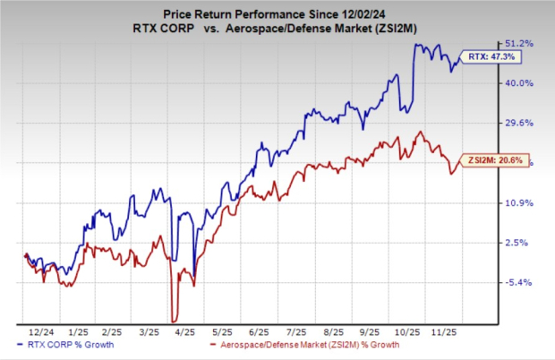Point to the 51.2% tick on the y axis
click(522, 44)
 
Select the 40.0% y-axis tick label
click(522, 83)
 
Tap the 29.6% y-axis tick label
click(522, 124)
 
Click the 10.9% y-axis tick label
click(522, 203)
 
